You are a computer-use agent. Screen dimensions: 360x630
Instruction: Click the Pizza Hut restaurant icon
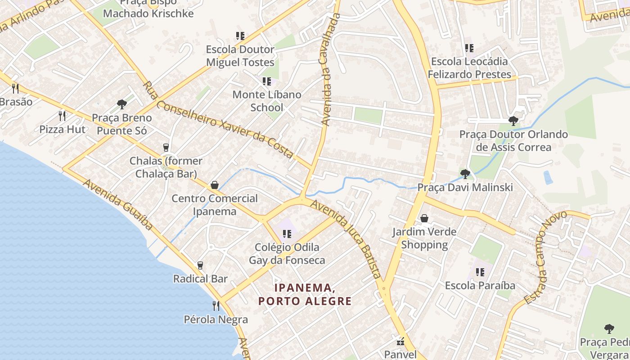click(62, 116)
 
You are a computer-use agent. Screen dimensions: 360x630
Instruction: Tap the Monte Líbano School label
click(267, 101)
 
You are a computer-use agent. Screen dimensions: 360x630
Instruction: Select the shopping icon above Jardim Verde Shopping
click(424, 219)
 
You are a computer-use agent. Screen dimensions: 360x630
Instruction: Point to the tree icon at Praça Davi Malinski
click(465, 174)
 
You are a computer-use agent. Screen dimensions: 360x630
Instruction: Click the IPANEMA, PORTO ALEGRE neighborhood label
click(305, 294)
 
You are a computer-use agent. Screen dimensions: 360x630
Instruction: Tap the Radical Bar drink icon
click(200, 265)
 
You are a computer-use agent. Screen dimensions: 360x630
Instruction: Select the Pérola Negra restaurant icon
click(216, 306)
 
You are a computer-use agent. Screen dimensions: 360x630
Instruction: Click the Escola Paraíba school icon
click(480, 272)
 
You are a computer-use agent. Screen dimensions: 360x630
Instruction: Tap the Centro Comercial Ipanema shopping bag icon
click(215, 185)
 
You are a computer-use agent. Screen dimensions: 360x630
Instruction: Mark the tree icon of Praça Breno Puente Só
click(121, 105)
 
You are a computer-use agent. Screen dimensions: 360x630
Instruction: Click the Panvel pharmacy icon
click(400, 341)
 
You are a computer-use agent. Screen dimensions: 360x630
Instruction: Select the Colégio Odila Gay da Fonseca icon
click(287, 234)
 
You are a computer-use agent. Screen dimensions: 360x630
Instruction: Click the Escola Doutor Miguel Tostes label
click(240, 56)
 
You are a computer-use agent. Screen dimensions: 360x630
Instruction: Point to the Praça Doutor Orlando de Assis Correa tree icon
click(513, 121)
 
